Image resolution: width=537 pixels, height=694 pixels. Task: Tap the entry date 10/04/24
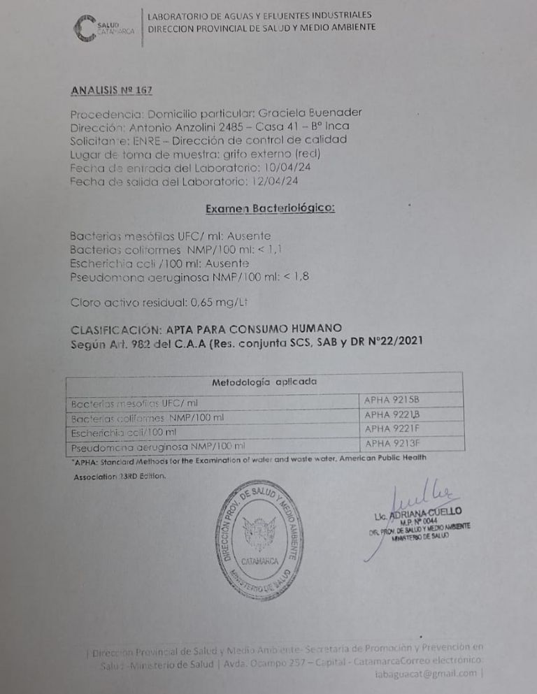click(x=280, y=168)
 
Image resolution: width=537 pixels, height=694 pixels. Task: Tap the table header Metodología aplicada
click(x=264, y=382)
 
